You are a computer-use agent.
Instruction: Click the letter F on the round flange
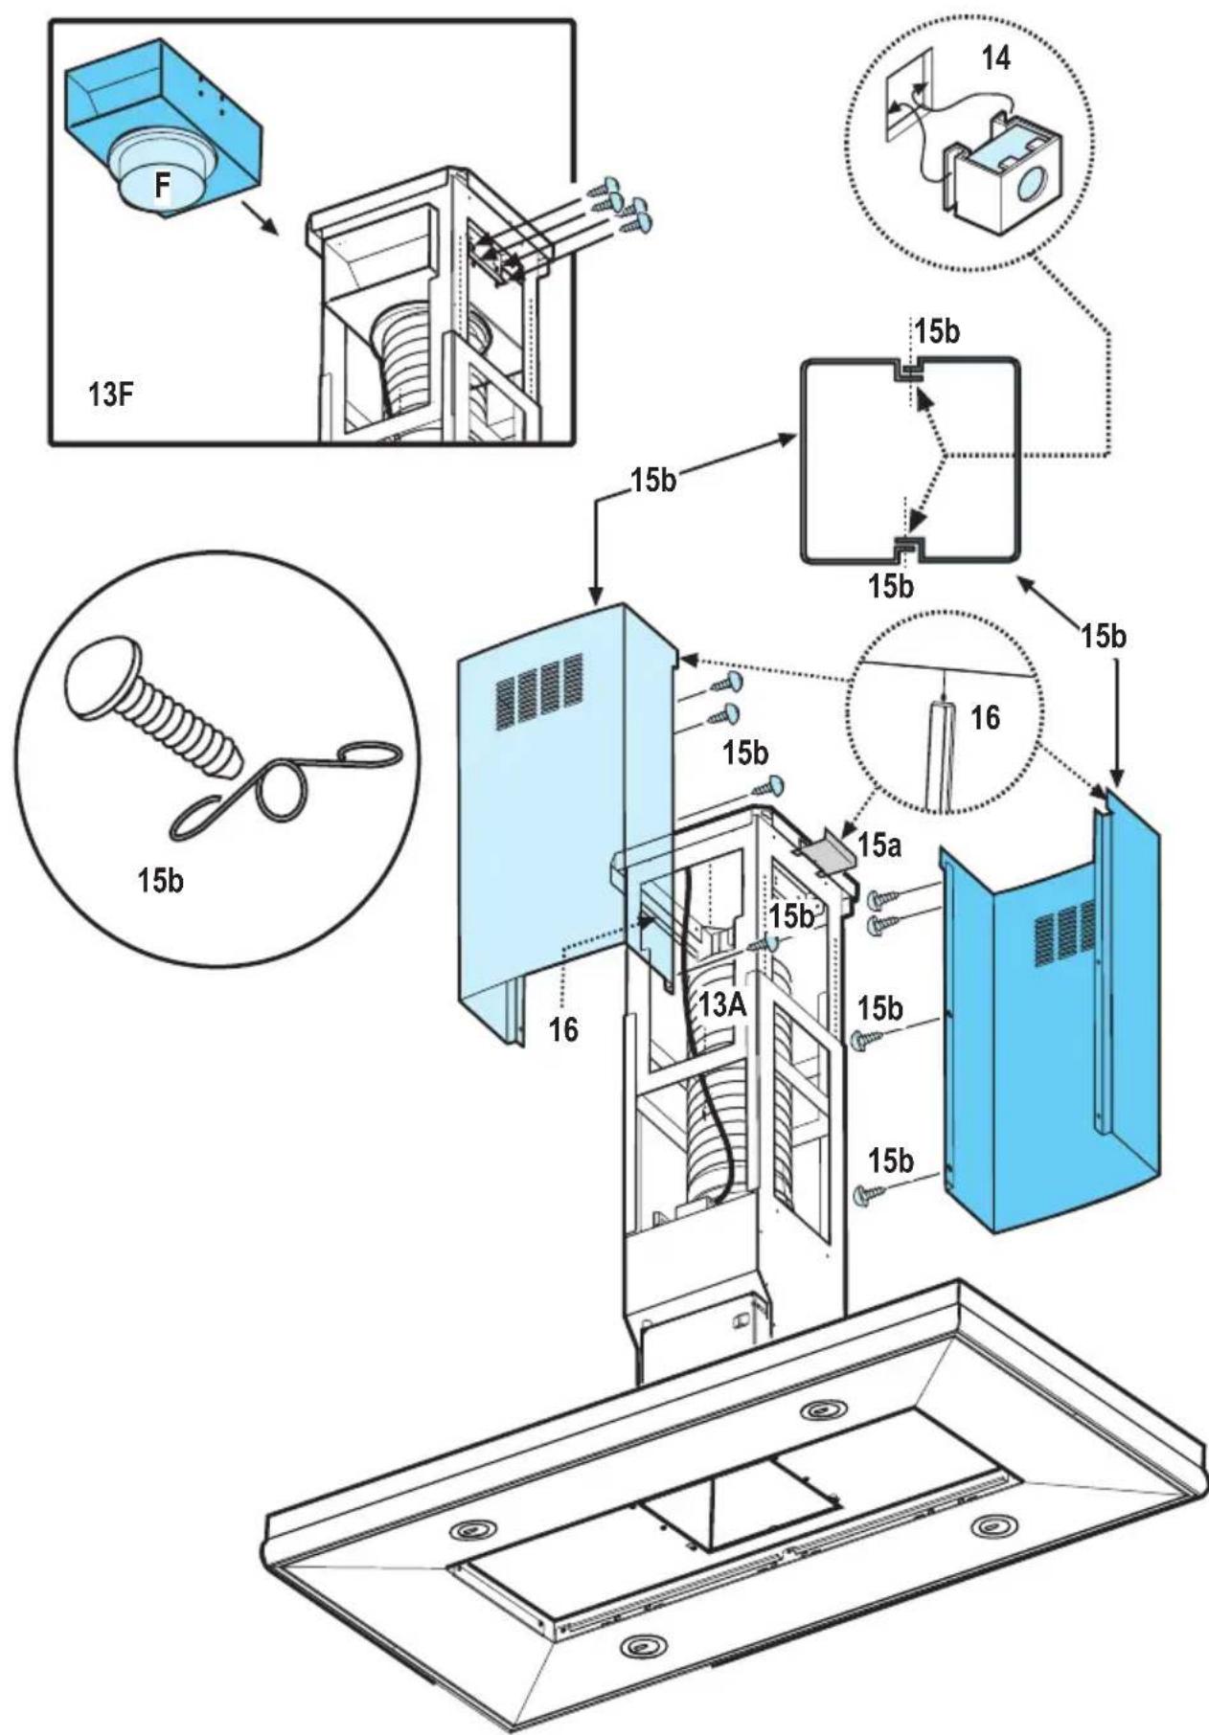click(x=163, y=186)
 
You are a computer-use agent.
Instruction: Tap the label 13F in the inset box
click(x=110, y=394)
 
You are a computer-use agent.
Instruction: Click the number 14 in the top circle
click(x=995, y=58)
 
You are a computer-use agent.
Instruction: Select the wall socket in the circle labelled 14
click(x=906, y=95)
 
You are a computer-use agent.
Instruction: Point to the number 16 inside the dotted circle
click(x=984, y=717)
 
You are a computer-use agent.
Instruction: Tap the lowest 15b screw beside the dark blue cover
click(x=871, y=1193)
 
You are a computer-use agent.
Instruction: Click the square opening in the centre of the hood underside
click(x=738, y=1503)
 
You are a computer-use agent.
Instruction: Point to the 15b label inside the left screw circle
click(x=160, y=880)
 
